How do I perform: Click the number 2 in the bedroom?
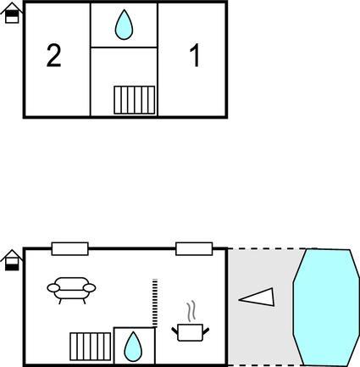[53, 56]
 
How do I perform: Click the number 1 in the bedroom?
[195, 55]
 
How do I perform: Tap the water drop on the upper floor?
[124, 25]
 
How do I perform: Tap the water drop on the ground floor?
[133, 347]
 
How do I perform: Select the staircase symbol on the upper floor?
[135, 100]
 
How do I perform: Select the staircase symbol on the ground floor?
[91, 347]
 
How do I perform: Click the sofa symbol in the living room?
[71, 290]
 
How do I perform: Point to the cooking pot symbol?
[191, 332]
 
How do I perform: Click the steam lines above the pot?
[191, 311]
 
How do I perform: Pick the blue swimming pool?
[326, 308]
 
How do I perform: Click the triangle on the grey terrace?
[257, 297]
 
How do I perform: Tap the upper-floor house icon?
[11, 13]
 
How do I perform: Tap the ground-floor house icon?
[11, 260]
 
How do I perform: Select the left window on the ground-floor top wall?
[69, 249]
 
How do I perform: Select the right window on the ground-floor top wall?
[194, 249]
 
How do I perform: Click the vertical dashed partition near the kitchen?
[155, 303]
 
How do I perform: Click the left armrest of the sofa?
[53, 288]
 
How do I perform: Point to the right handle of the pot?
[206, 331]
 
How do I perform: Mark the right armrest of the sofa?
[90, 288]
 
